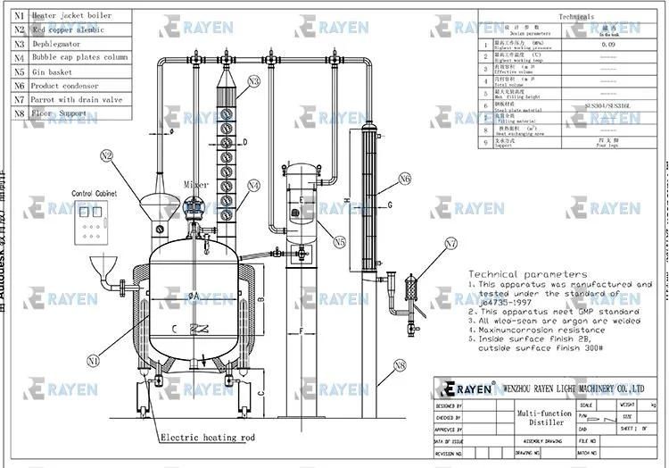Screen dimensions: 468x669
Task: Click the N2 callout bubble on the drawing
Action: (107, 155)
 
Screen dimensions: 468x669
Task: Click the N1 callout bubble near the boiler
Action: (94, 361)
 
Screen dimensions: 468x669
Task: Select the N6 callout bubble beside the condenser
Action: (405, 180)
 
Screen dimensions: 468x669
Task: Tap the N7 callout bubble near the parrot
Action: (451, 242)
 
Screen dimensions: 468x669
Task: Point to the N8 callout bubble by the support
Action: (400, 364)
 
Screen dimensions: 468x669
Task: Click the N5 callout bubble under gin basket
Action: (340, 241)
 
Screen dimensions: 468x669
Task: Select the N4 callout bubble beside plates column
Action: (254, 186)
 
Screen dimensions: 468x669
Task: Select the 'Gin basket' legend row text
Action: (54, 72)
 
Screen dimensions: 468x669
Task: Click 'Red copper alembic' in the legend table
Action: (68, 29)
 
